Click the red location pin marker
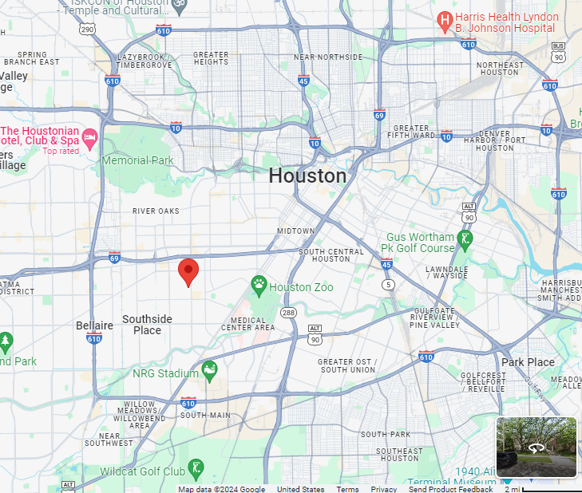click(188, 271)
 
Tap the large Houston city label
click(307, 176)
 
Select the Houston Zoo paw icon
click(259, 284)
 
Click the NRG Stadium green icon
click(209, 369)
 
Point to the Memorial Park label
click(137, 160)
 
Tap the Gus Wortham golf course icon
click(465, 238)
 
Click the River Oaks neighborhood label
click(156, 211)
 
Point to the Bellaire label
click(94, 325)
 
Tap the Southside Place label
click(147, 325)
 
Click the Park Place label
click(528, 362)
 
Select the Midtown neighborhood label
click(296, 231)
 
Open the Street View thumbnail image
click(536, 447)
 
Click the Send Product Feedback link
click(450, 489)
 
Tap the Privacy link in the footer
click(383, 489)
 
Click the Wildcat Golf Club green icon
click(196, 466)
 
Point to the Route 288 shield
click(288, 313)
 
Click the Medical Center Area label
click(247, 323)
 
